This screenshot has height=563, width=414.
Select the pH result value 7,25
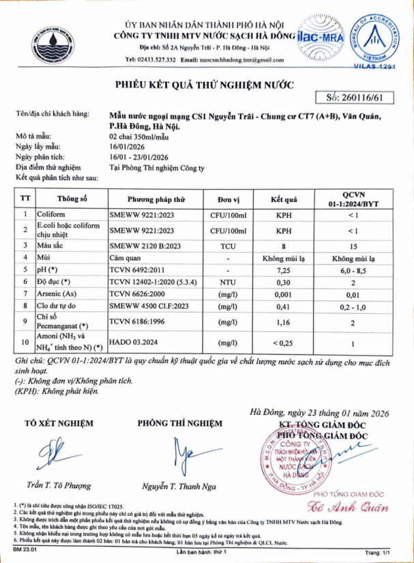coord(292,270)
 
